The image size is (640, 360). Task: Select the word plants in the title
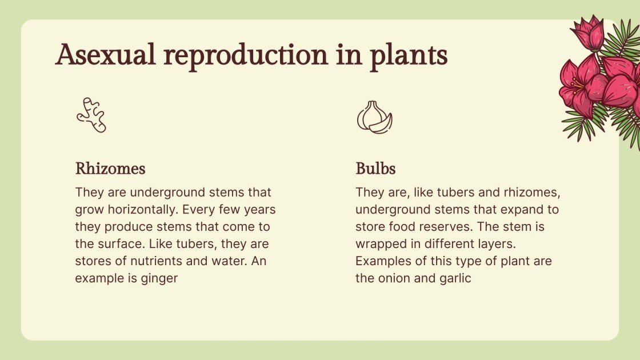[x=409, y=56]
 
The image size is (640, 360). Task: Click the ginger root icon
[x=91, y=115]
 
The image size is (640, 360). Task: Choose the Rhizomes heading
[x=110, y=169]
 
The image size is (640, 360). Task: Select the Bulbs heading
[x=375, y=169]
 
